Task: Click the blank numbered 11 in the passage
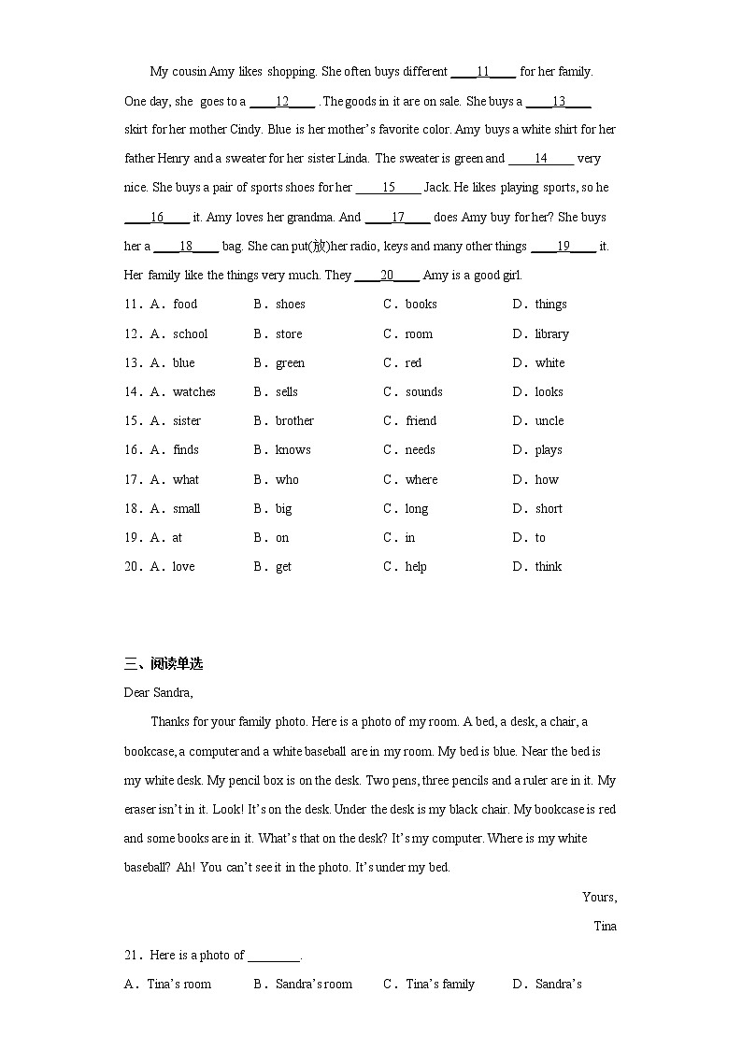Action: click(x=483, y=72)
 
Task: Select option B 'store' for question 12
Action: click(x=288, y=333)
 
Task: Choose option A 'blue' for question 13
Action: click(x=183, y=362)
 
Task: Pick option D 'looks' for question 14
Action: click(x=549, y=391)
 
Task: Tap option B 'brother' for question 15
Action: click(x=294, y=420)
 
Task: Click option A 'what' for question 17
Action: click(x=185, y=479)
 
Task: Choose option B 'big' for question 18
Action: click(x=283, y=508)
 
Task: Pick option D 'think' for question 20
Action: click(x=548, y=566)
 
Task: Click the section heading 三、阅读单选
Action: click(x=164, y=664)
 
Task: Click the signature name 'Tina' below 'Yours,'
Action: click(x=605, y=926)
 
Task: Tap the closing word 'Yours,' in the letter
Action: click(x=599, y=897)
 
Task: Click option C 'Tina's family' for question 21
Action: click(x=439, y=984)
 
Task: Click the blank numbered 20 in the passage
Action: click(x=387, y=276)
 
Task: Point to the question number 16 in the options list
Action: click(x=131, y=449)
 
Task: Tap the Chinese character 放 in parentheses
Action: click(x=320, y=247)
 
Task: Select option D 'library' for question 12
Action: click(x=551, y=333)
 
